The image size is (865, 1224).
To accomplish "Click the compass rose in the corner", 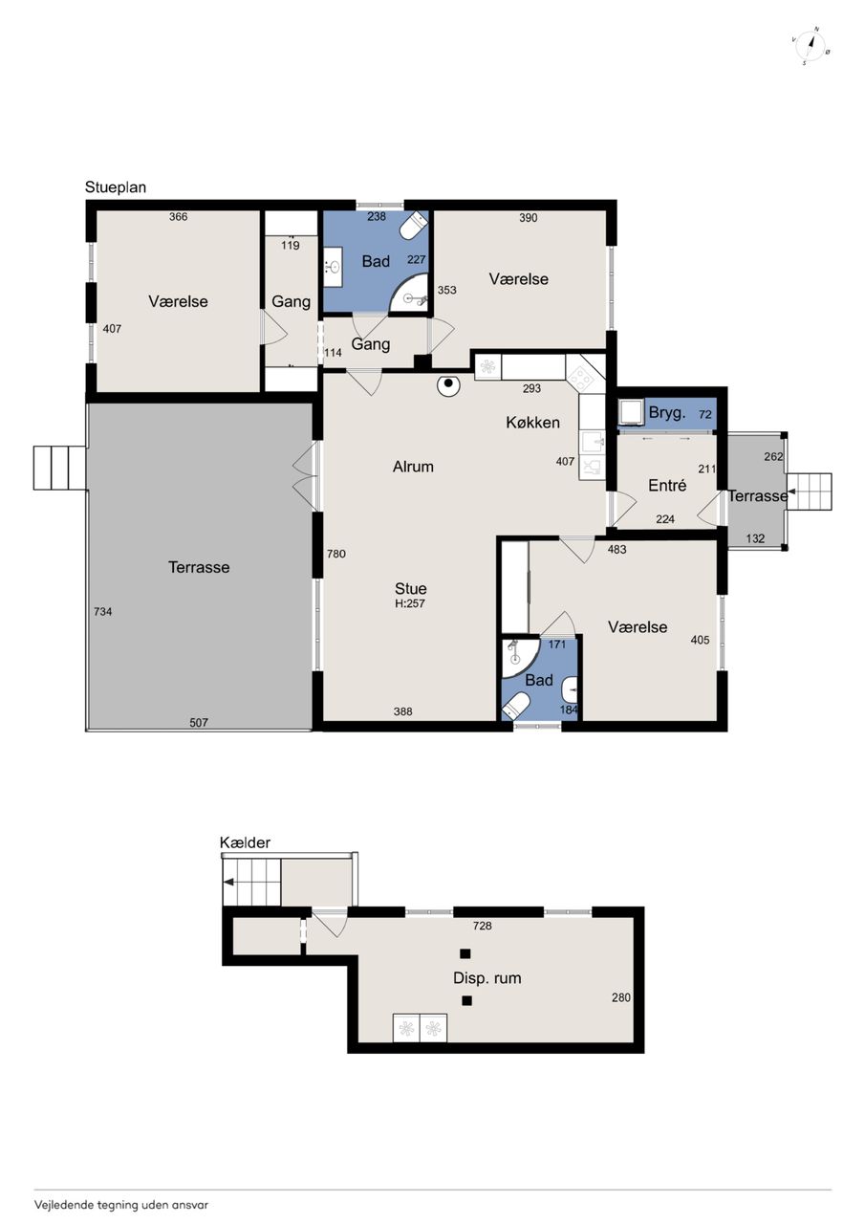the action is click(811, 46).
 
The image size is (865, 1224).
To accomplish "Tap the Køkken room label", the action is click(532, 423).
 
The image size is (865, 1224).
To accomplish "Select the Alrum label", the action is click(413, 467).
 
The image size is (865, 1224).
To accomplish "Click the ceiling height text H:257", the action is click(410, 603).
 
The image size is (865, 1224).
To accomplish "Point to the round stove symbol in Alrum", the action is click(448, 385).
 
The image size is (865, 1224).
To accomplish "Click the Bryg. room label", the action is click(667, 412).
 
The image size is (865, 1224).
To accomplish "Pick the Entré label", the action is click(667, 485).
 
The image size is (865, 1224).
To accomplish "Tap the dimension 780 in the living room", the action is click(335, 554).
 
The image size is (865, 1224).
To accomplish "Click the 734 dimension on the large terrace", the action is click(102, 611).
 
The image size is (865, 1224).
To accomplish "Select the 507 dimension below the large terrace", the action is click(199, 722).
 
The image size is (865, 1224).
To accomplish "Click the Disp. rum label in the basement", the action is click(487, 977).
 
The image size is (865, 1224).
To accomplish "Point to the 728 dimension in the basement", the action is click(482, 926).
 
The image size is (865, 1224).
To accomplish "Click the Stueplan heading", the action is click(116, 187).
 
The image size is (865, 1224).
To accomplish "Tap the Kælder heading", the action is click(245, 842).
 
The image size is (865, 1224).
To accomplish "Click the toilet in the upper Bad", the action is click(414, 225).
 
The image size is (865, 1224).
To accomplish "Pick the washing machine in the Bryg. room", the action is click(630, 412).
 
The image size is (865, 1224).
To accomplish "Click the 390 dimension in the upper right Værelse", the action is click(528, 218).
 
